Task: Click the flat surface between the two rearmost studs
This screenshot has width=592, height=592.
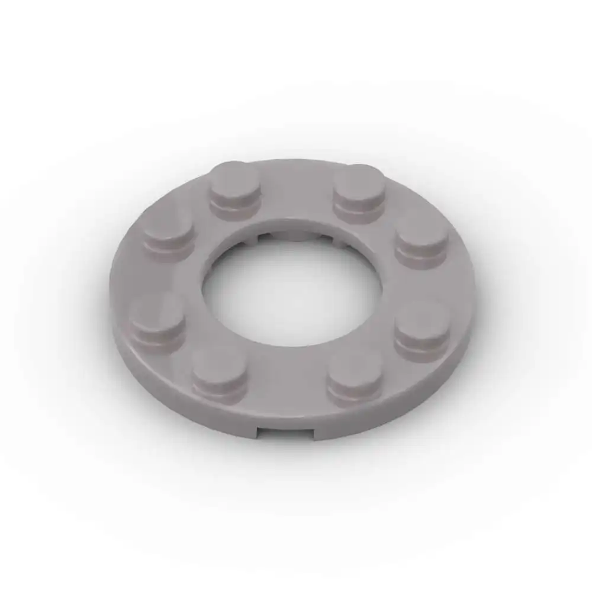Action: click(x=296, y=189)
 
